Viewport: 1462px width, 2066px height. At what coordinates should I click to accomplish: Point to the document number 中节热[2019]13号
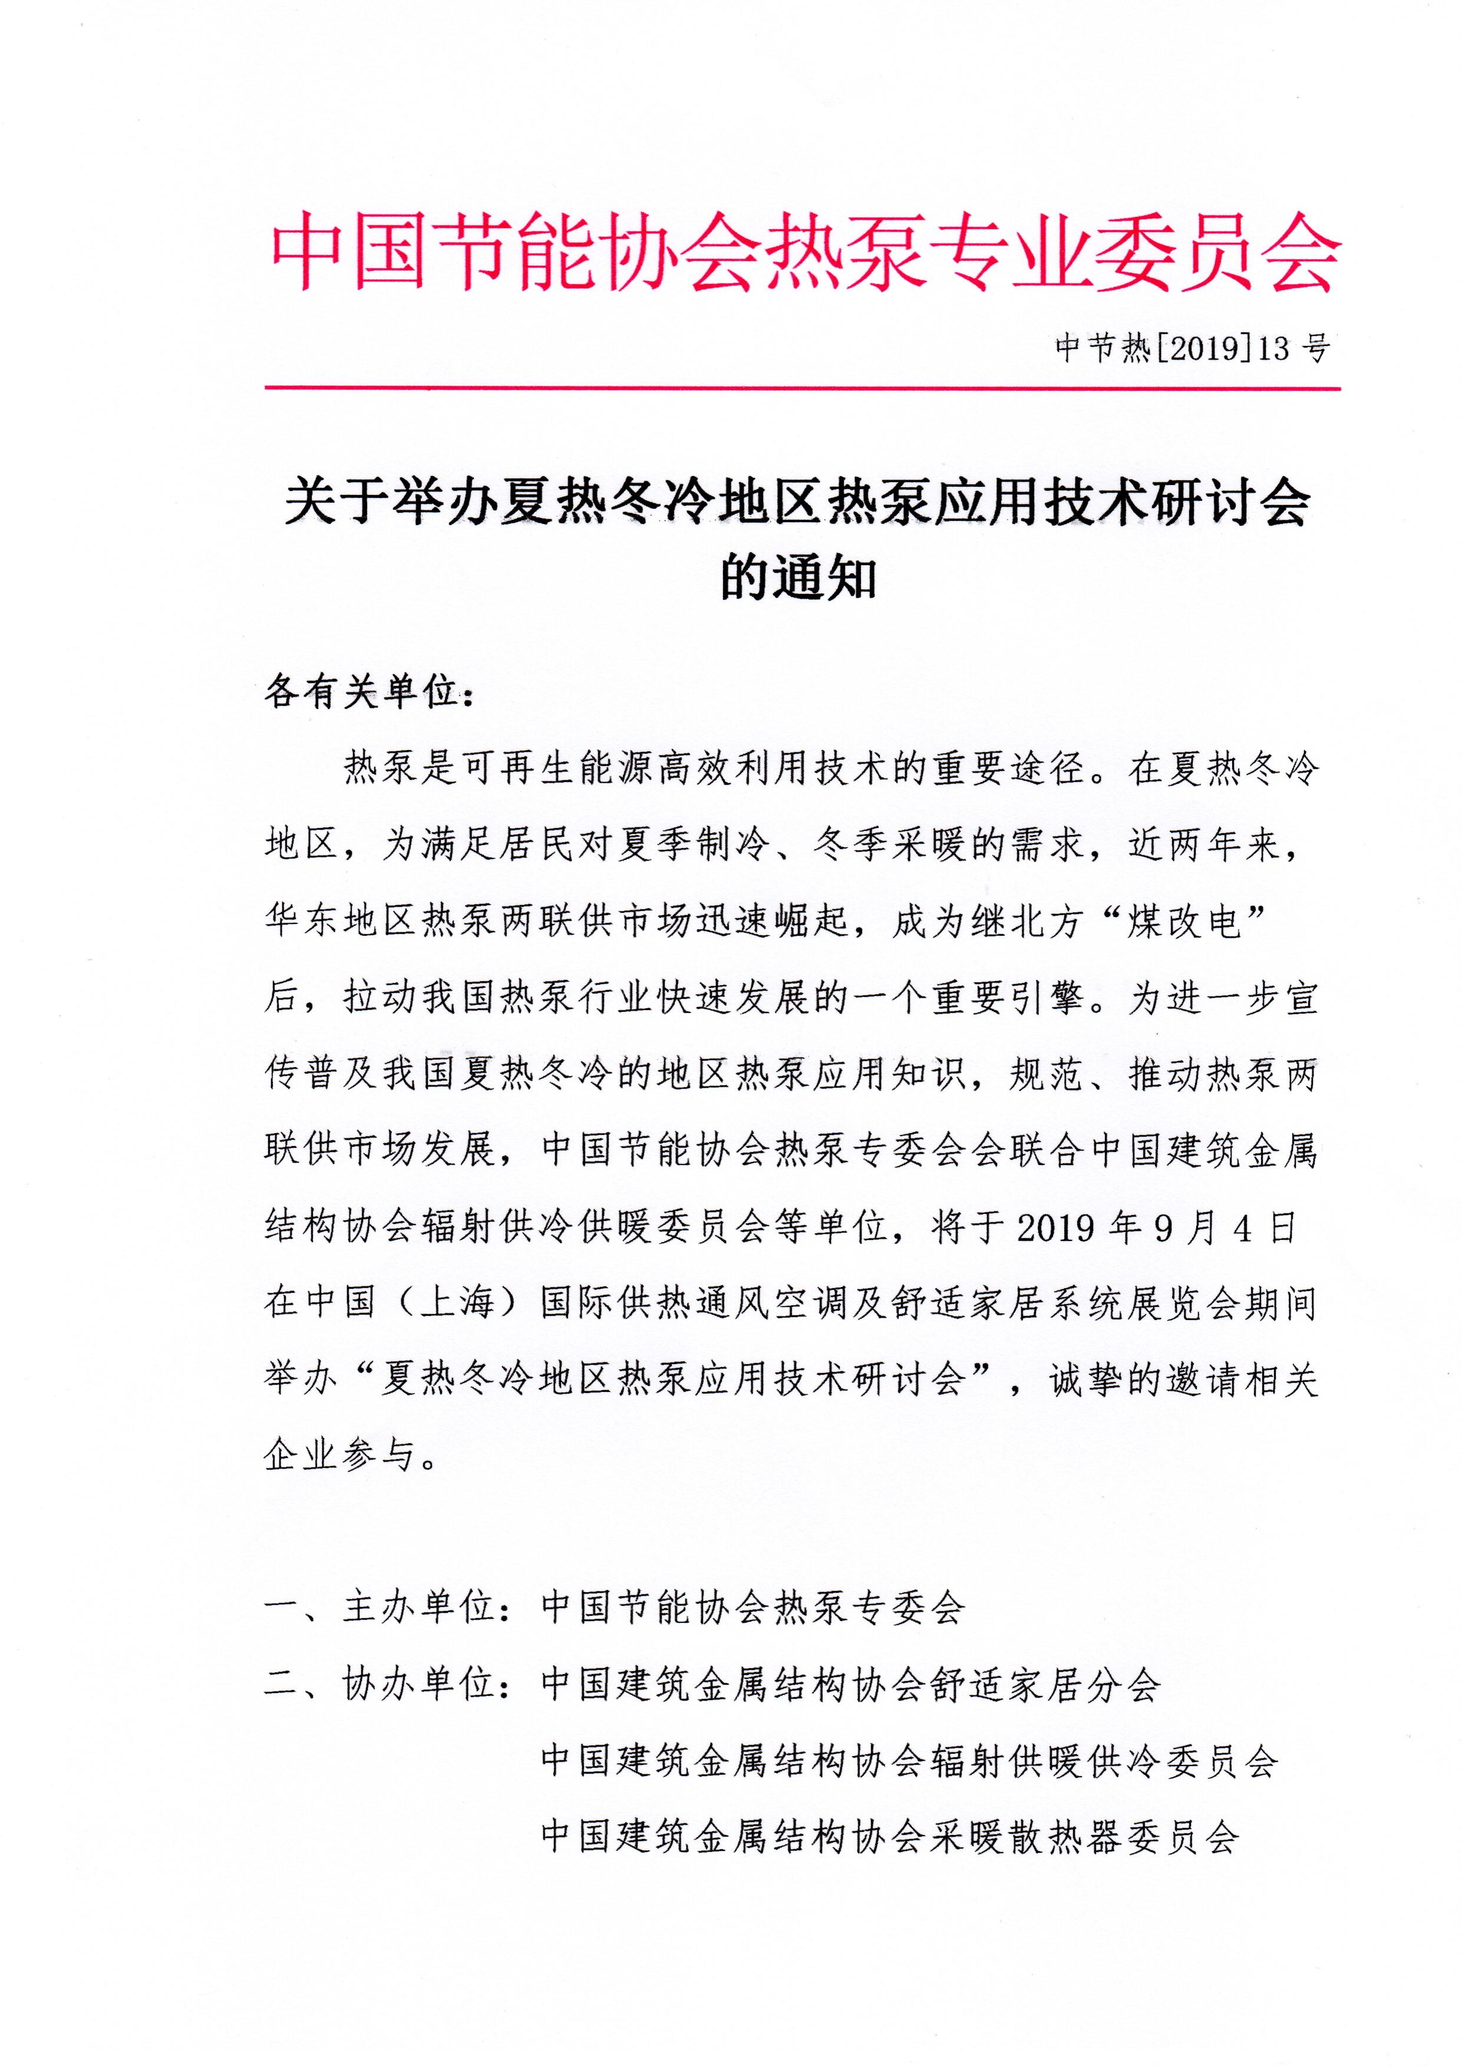tap(1192, 348)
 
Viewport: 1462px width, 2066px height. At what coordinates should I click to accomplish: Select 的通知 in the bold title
tap(798, 579)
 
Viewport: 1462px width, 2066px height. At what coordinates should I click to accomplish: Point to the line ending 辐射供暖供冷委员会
tap(909, 1761)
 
